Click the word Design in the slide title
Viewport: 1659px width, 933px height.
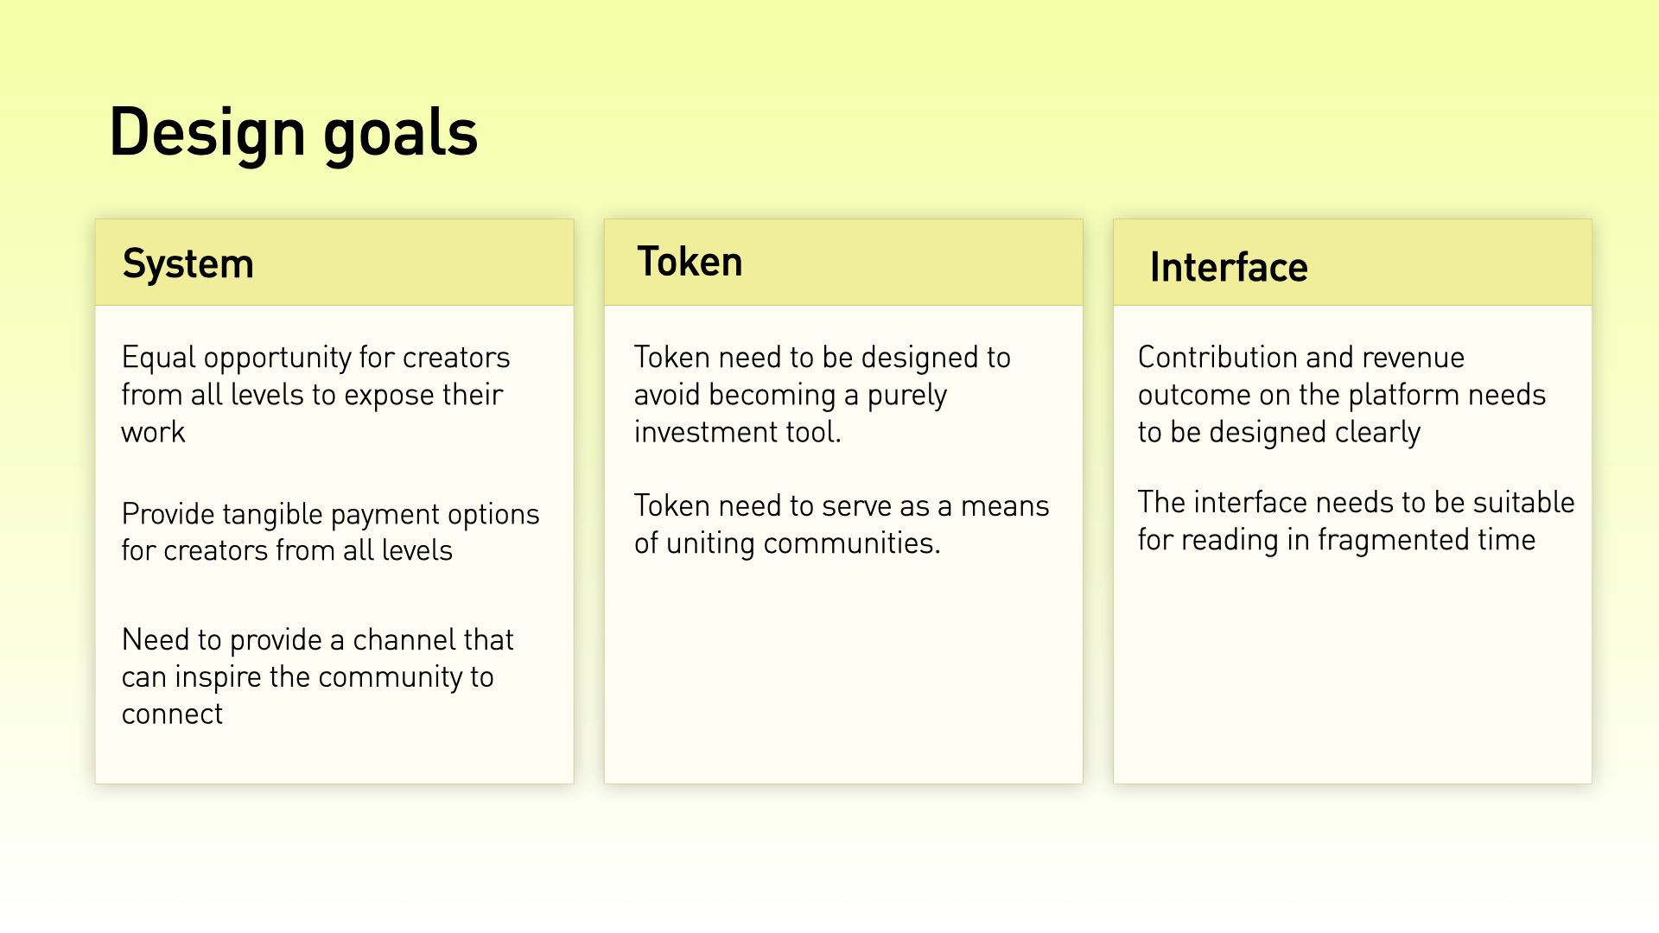coord(207,132)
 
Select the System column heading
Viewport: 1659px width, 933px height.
coord(188,264)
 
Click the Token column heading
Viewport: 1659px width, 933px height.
coord(690,262)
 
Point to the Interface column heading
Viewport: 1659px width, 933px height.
coord(1229,267)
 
